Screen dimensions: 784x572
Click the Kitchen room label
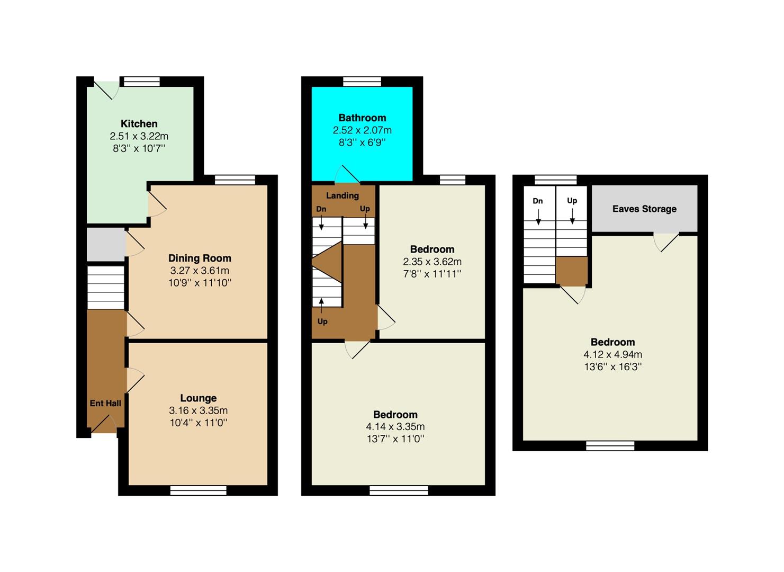click(x=139, y=123)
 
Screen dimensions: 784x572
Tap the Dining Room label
click(x=200, y=258)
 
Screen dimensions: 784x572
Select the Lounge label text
click(x=199, y=398)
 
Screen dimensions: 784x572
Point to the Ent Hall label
click(x=105, y=404)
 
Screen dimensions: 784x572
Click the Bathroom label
click(x=362, y=118)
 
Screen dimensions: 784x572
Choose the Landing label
click(x=343, y=195)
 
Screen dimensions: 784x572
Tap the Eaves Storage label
click(x=644, y=209)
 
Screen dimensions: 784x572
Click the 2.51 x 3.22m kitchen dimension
click(x=139, y=136)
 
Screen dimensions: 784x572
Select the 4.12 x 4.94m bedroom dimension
click(x=613, y=354)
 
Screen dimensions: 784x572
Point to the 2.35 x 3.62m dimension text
click(x=432, y=262)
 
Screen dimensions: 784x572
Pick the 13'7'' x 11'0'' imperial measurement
click(x=395, y=439)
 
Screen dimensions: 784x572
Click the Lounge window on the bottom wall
click(x=199, y=490)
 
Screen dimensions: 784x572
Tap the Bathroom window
click(x=362, y=81)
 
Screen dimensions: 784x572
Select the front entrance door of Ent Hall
click(x=104, y=424)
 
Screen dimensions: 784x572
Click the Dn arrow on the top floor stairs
click(x=538, y=217)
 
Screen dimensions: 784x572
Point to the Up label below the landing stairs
click(x=322, y=321)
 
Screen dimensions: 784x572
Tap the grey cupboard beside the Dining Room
click(x=106, y=245)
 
